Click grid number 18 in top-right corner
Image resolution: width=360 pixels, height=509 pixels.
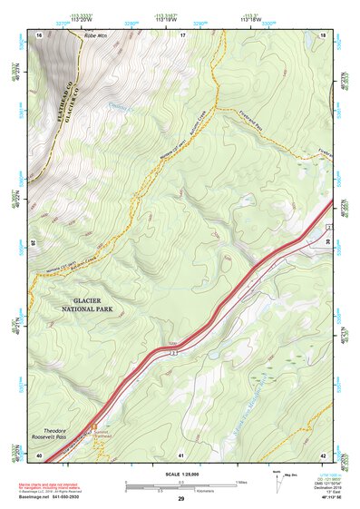[x=324, y=34]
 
